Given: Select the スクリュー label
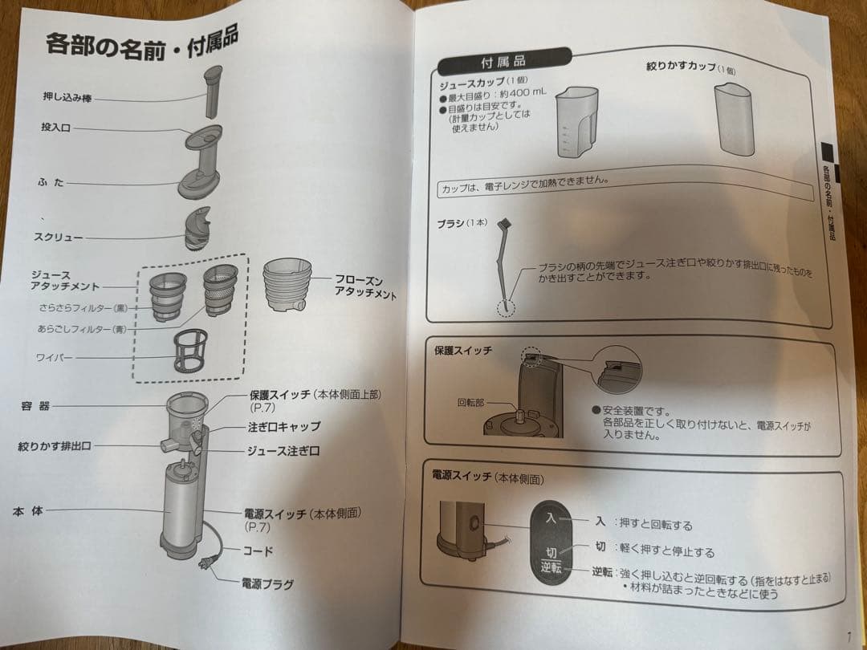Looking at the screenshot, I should pos(57,238).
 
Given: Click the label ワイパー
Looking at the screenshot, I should pos(54,357).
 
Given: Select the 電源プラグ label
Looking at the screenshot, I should pos(267,583).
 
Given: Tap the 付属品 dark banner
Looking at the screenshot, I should pos(503,61).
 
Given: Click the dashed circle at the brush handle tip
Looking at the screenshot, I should pos(504,308).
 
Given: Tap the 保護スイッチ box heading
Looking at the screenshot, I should pos(462,351).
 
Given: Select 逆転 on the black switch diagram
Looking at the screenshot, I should pos(550,568).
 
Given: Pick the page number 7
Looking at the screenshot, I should pos(848,637).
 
